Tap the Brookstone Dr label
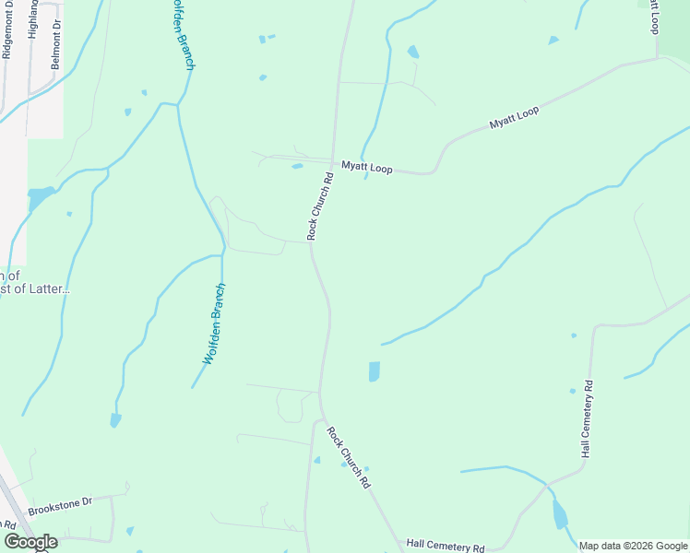coord(61,504)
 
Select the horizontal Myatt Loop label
coord(367,169)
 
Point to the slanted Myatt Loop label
coord(514,118)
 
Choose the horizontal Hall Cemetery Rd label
coord(446,547)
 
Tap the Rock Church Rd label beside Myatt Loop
coord(319,206)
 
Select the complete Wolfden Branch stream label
coord(214,324)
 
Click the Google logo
coord(30,542)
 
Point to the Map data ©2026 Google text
coord(634,546)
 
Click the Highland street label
coord(33,18)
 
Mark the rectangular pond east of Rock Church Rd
coord(374,371)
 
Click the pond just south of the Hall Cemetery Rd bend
coord(560,514)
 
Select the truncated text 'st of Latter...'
coord(35,288)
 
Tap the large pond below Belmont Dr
coord(40,197)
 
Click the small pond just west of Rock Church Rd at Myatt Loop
coord(297,167)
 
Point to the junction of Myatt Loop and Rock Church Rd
coord(333,161)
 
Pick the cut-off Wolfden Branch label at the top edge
coord(183,33)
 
